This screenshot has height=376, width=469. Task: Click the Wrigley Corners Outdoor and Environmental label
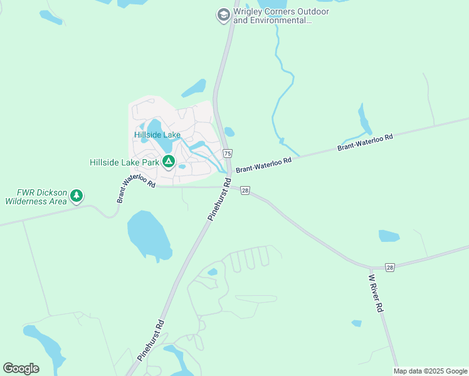(272, 16)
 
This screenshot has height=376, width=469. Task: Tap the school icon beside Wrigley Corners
(223, 15)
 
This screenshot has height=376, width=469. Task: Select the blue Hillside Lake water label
(157, 135)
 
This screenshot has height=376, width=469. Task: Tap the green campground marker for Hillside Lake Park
(168, 162)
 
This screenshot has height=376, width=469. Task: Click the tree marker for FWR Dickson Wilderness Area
(76, 196)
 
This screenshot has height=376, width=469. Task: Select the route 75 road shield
(227, 154)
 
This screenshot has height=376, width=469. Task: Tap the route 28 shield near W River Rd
(390, 268)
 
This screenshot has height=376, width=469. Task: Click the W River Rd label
(376, 293)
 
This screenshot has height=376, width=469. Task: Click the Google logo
(21, 368)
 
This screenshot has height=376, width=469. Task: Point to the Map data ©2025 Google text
(431, 371)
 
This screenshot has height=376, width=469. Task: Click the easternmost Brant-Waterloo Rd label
(365, 142)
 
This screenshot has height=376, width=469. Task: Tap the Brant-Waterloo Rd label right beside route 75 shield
(264, 165)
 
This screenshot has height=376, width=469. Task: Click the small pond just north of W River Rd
(389, 236)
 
